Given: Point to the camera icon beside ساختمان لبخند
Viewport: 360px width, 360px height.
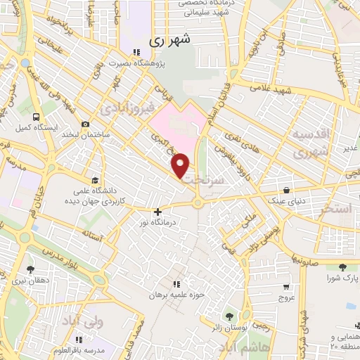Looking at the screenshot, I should tap(85, 124).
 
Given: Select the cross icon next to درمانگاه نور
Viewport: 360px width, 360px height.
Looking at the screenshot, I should tap(157, 211).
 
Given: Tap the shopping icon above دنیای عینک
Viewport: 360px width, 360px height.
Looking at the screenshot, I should tap(287, 190).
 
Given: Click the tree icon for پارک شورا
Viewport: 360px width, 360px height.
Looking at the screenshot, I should tap(342, 267).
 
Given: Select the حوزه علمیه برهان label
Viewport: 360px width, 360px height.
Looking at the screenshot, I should tap(176, 295).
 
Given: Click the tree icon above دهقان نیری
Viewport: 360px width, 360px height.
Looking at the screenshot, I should tap(30, 269).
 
